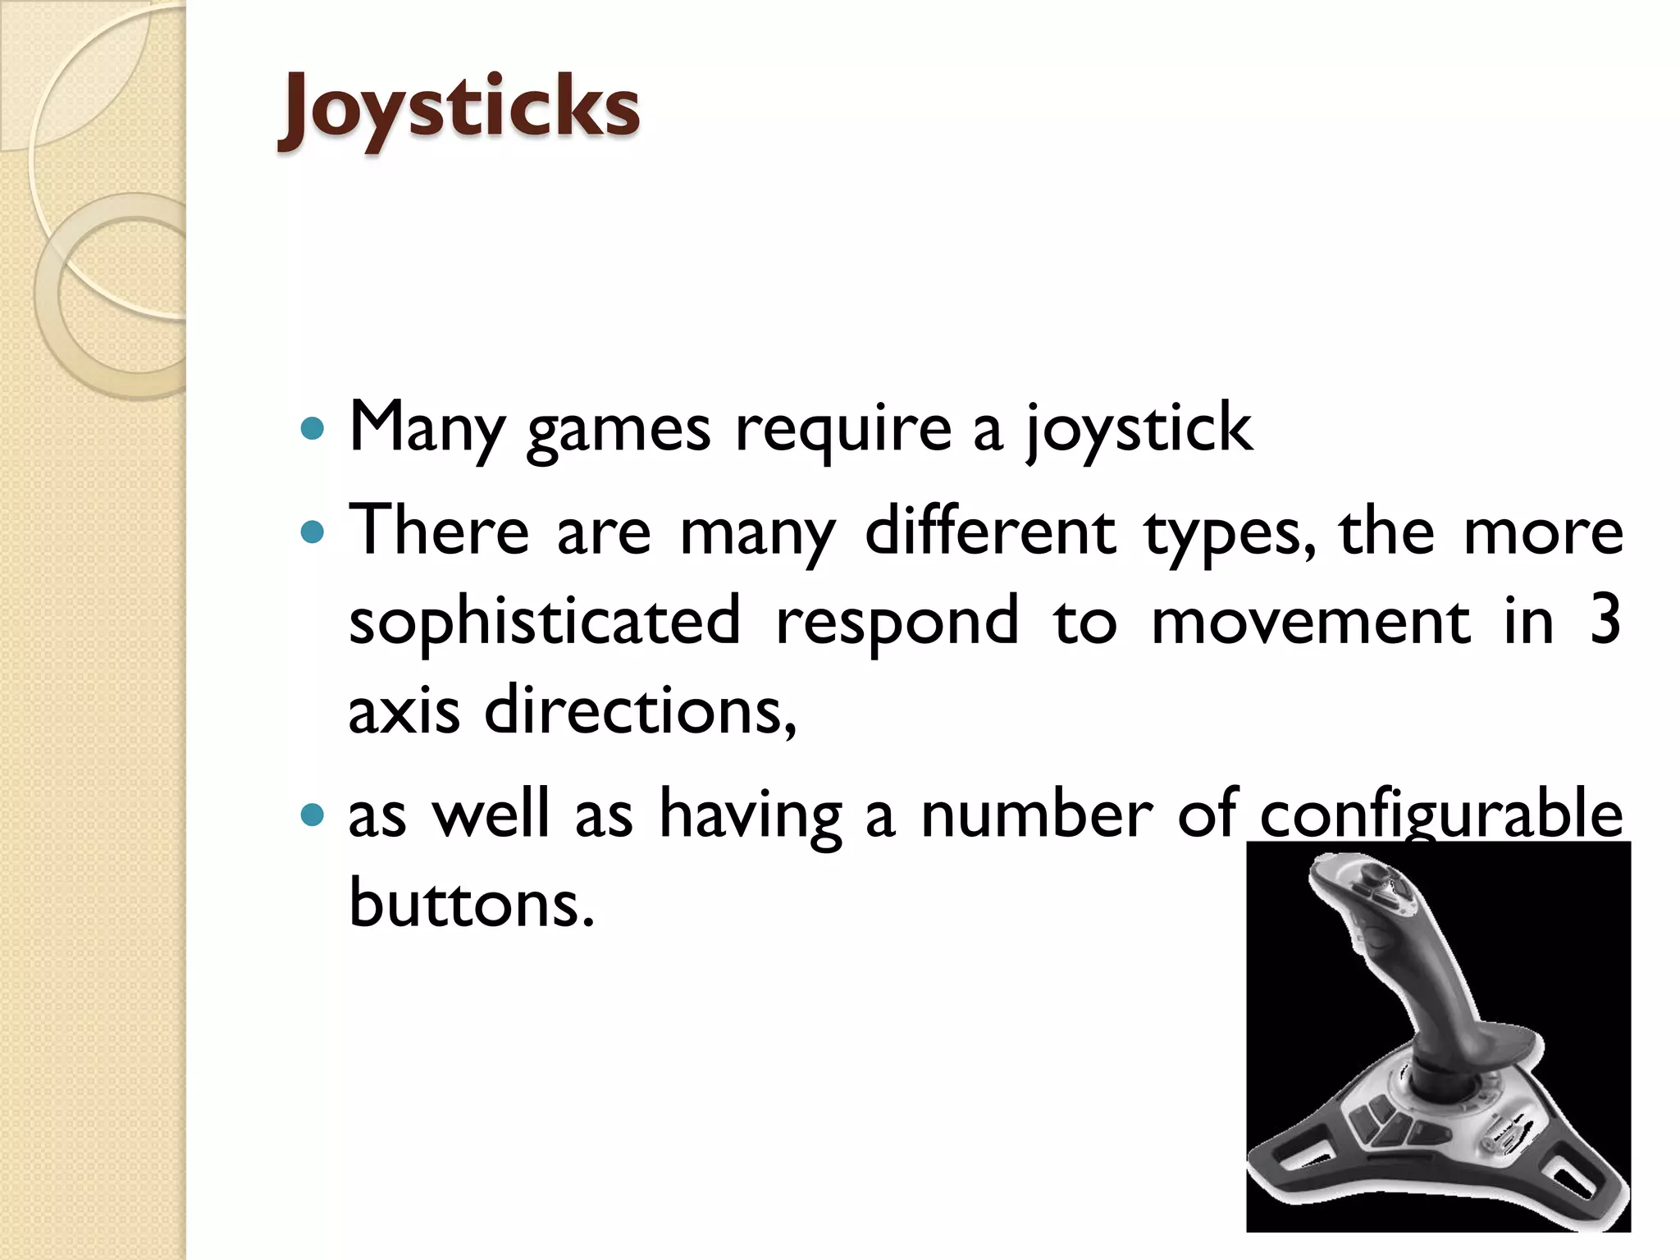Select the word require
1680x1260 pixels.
pos(842,430)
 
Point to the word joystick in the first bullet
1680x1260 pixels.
pos(1139,430)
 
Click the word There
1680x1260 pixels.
pos(440,531)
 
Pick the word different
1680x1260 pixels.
pos(990,531)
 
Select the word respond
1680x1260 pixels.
pos(897,622)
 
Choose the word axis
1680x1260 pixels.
pos(404,710)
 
